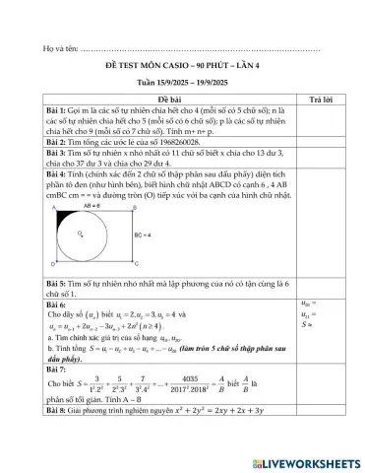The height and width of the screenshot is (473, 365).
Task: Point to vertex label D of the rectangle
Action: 52,265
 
